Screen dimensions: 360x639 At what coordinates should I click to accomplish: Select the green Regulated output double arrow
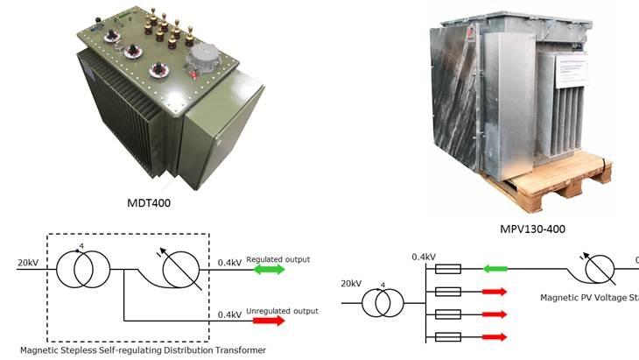(x=270, y=270)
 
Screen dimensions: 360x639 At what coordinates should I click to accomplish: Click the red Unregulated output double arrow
(x=270, y=321)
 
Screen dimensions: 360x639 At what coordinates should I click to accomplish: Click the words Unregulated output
(x=282, y=311)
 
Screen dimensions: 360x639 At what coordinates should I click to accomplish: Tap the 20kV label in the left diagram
(x=27, y=261)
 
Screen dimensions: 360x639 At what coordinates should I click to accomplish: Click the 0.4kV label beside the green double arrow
(x=229, y=261)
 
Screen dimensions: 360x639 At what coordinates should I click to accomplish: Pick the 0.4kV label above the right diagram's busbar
(x=425, y=257)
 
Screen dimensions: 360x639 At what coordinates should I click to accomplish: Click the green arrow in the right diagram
(x=496, y=269)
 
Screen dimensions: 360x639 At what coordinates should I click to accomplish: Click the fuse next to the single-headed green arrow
(x=447, y=269)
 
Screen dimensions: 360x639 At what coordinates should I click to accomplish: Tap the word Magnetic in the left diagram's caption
(x=43, y=350)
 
